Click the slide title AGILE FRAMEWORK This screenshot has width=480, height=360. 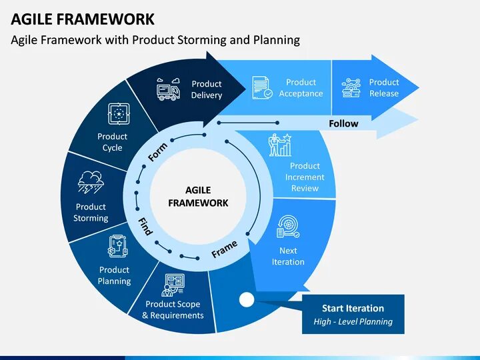pyautogui.click(x=83, y=19)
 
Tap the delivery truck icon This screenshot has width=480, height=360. pyautogui.click(x=167, y=89)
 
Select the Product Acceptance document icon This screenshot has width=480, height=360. pyautogui.click(x=262, y=87)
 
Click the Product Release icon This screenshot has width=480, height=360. pyautogui.click(x=351, y=87)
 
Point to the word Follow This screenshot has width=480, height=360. pyautogui.click(x=343, y=123)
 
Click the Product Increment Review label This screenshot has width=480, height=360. pyautogui.click(x=305, y=177)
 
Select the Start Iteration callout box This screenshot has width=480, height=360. pyautogui.click(x=353, y=314)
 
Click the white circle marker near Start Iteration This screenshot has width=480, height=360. pyautogui.click(x=247, y=300)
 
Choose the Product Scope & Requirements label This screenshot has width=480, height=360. pyautogui.click(x=173, y=309)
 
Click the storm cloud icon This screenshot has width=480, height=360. pyautogui.click(x=90, y=182)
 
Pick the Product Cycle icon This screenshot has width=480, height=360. pyautogui.click(x=119, y=114)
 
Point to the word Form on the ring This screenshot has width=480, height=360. pyautogui.click(x=157, y=152)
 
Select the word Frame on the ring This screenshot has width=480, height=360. pyautogui.click(x=224, y=249)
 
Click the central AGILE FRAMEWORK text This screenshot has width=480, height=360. pyautogui.click(x=197, y=197)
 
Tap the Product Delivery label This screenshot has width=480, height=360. pyautogui.click(x=206, y=89)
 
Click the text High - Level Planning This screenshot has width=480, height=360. pyautogui.click(x=353, y=321)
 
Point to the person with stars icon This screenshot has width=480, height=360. pyautogui.click(x=279, y=145)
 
